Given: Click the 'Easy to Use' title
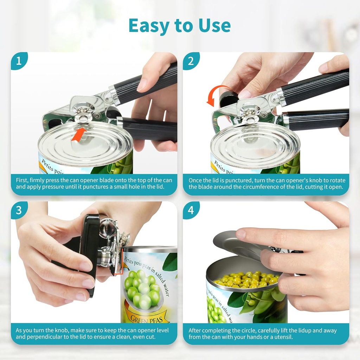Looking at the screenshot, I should click(x=180, y=25).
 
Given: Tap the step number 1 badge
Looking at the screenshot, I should click(x=19, y=61).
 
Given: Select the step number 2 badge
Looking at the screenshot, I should click(x=191, y=61).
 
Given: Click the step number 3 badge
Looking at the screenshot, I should click(x=19, y=210).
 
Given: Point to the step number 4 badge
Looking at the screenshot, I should click(x=191, y=210).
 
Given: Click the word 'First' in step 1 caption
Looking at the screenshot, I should click(x=22, y=180).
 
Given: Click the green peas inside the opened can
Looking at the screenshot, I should click(x=247, y=279).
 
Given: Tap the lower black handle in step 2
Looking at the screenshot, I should click(x=316, y=120).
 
